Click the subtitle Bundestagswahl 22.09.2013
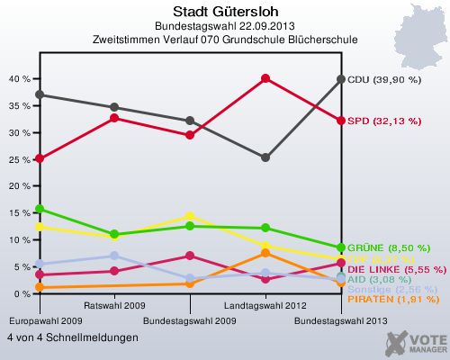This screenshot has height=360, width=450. click(x=224, y=26)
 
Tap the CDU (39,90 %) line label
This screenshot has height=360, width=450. click(x=384, y=79)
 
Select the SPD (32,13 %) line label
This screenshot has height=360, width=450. click(x=384, y=121)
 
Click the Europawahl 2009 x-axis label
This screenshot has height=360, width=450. click(x=34, y=320)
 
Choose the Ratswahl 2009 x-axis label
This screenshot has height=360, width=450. click(x=112, y=306)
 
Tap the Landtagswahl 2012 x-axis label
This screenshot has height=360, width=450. click(x=265, y=306)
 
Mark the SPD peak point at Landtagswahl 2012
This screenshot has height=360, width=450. click(x=265, y=78)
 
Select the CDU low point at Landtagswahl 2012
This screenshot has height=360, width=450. click(x=265, y=157)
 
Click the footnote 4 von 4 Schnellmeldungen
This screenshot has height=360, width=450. click(x=73, y=337)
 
